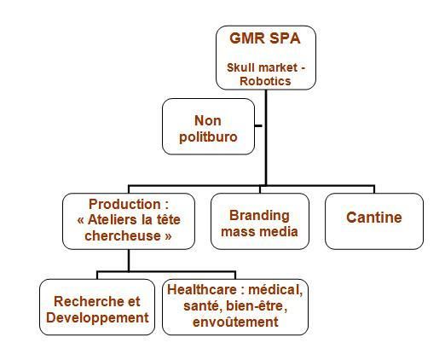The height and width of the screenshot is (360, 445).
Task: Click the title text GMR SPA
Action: click(x=265, y=38)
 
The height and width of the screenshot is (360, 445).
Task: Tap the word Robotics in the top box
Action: click(x=265, y=81)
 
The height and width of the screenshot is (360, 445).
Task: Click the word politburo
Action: click(x=208, y=137)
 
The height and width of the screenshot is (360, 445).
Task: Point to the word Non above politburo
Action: click(x=208, y=120)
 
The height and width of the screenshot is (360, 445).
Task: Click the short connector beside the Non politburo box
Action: click(x=258, y=125)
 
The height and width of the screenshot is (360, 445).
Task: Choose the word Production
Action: click(x=125, y=204)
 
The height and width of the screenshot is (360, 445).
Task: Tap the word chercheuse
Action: click(x=123, y=236)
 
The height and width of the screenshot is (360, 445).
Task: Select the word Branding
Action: click(x=259, y=216)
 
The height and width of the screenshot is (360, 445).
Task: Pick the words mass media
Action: click(x=259, y=231)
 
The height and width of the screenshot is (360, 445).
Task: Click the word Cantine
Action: click(x=374, y=218)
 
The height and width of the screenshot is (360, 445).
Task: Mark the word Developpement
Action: click(x=97, y=318)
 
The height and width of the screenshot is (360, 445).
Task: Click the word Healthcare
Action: click(x=202, y=290)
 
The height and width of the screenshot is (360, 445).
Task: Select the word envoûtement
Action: click(x=235, y=322)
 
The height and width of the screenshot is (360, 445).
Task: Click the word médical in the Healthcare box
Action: click(x=275, y=290)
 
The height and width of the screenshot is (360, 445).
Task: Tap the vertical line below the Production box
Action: click(x=129, y=260)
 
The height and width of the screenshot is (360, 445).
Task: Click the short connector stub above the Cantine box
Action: click(x=374, y=189)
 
